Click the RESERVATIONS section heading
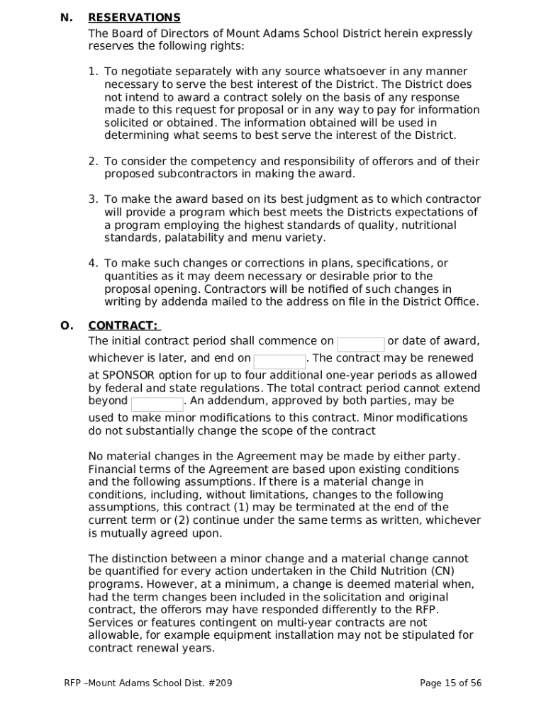pyautogui.click(x=134, y=18)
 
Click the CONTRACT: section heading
pyautogui.click(x=123, y=325)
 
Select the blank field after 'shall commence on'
pyautogui.click(x=360, y=345)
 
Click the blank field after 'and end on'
pyautogui.click(x=279, y=362)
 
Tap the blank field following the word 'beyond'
pyautogui.click(x=157, y=404)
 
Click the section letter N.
pyautogui.click(x=67, y=18)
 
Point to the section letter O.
pyautogui.click(x=67, y=325)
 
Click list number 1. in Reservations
pyautogui.click(x=93, y=72)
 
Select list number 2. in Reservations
pyautogui.click(x=93, y=162)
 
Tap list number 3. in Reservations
pyautogui.click(x=93, y=200)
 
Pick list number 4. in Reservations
pyautogui.click(x=93, y=264)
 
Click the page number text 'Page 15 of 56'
pyautogui.click(x=450, y=683)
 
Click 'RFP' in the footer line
pyautogui.click(x=72, y=683)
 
